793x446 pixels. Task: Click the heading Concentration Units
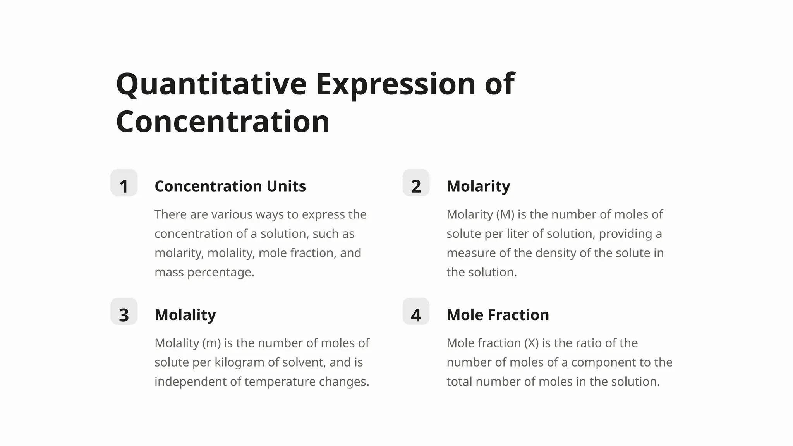click(230, 186)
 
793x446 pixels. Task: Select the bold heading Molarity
click(478, 186)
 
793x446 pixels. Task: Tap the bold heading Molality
click(185, 315)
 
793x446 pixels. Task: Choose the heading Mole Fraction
click(498, 315)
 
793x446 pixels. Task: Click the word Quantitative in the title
click(211, 84)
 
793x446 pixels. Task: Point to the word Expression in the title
click(395, 84)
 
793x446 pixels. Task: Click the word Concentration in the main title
click(223, 122)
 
